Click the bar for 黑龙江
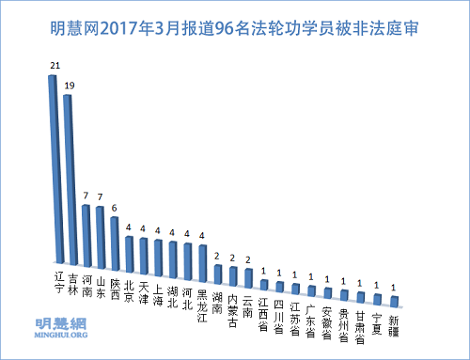203,255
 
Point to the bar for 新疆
395,300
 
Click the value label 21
54,67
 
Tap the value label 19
69,85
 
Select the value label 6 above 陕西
115,208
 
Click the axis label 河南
85,285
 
